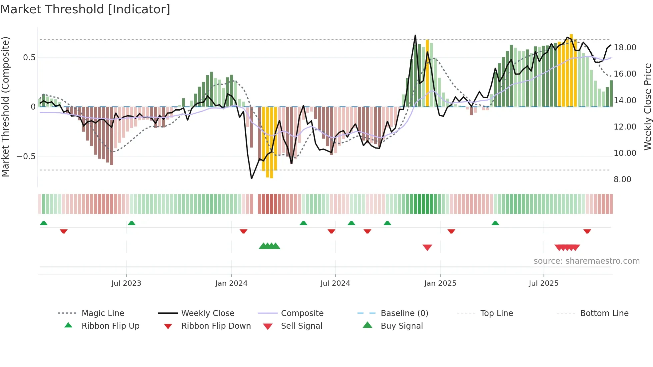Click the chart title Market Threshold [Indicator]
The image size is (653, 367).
[x=85, y=9]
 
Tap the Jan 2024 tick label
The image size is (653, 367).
[x=231, y=283]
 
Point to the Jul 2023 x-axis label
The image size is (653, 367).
[x=126, y=283]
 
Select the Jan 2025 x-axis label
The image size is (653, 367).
[x=440, y=283]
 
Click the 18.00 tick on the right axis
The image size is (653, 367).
[x=625, y=48]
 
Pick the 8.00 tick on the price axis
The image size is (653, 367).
[x=622, y=180]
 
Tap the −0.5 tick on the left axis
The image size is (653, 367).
[x=26, y=157]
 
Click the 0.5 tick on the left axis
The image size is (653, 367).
[x=29, y=58]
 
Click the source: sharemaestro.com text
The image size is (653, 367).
[x=586, y=261]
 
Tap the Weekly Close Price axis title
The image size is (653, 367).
[x=647, y=107]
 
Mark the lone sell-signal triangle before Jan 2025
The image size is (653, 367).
[x=427, y=247]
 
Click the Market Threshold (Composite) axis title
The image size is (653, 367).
[x=5, y=107]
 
